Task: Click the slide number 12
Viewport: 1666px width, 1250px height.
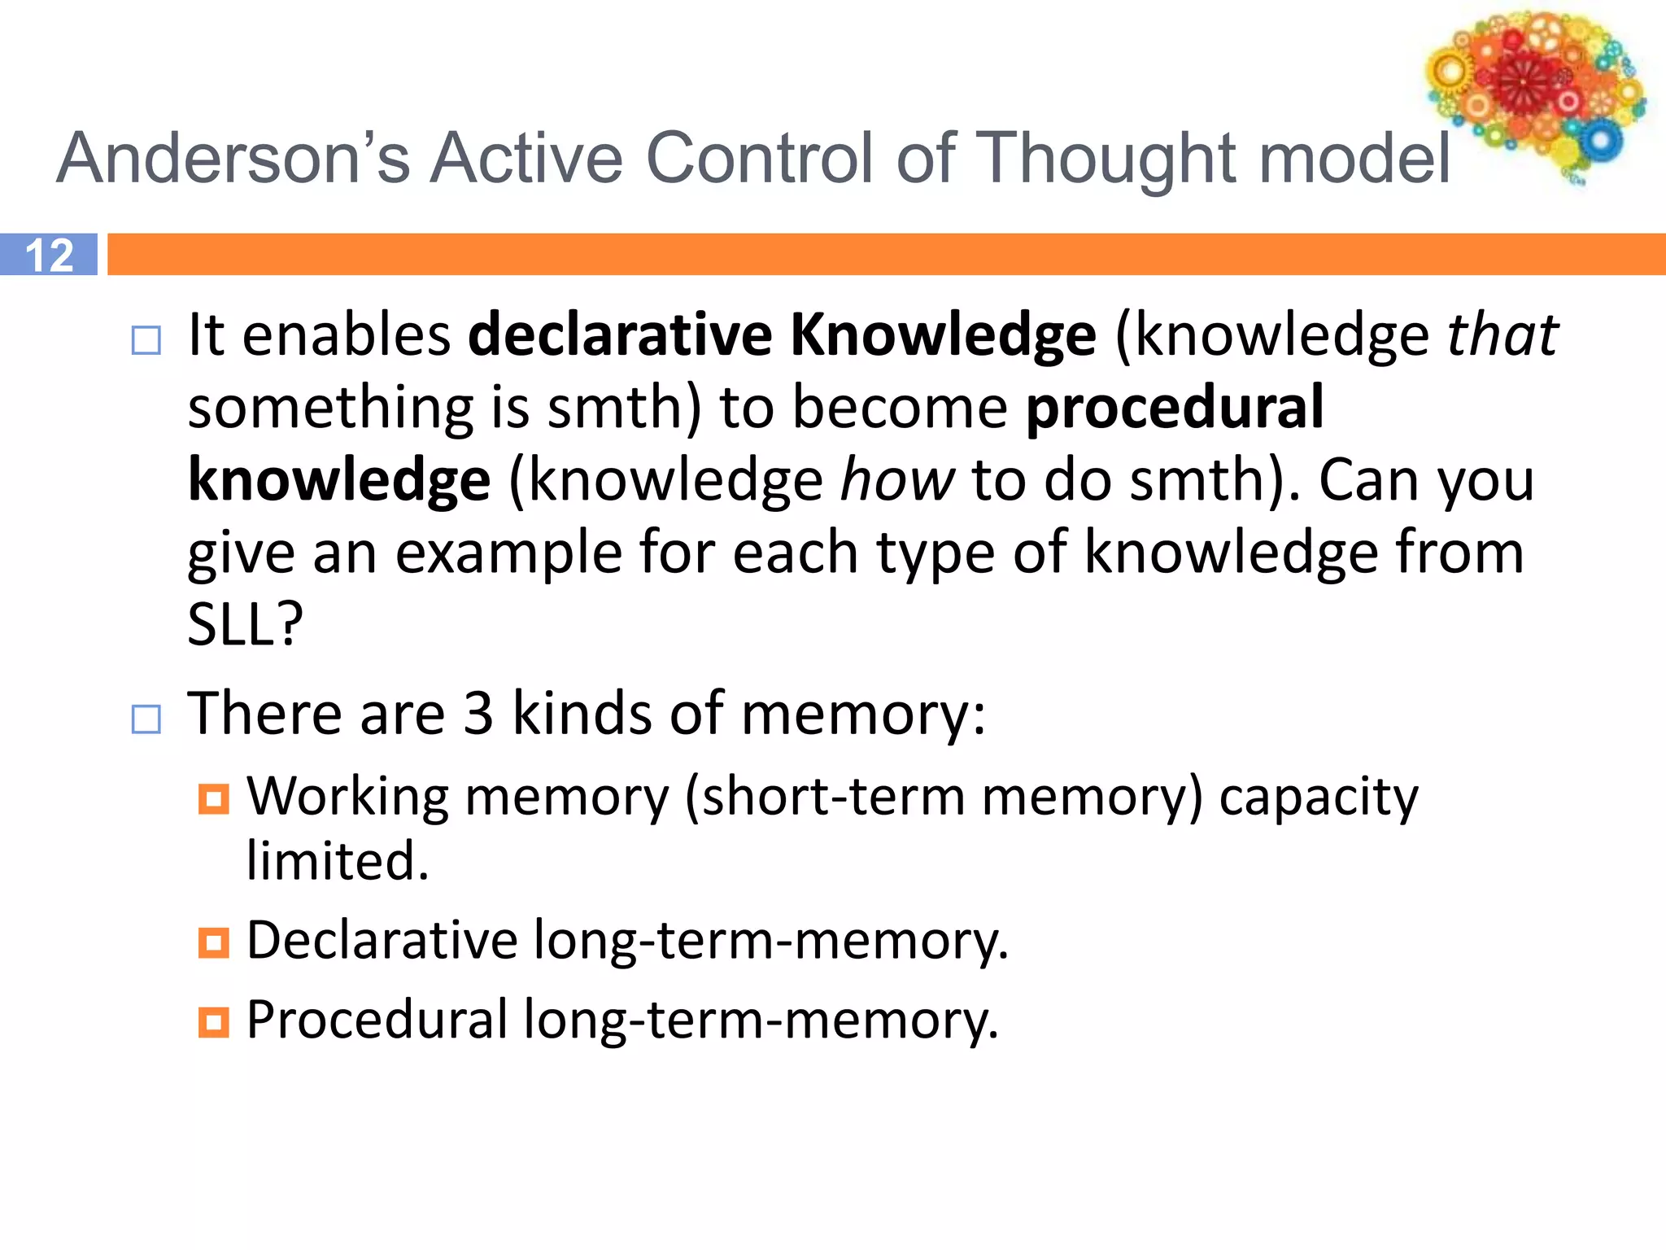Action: pos(49,255)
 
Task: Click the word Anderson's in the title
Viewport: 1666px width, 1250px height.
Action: pos(233,158)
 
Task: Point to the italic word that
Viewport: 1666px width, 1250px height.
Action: pos(1502,334)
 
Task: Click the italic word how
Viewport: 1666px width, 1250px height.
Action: pos(896,479)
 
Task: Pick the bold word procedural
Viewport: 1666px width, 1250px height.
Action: pos(1174,407)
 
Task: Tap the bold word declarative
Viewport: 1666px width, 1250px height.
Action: pos(620,334)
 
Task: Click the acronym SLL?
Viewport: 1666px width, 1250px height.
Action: pos(245,625)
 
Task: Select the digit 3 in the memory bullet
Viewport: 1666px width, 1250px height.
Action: pos(478,714)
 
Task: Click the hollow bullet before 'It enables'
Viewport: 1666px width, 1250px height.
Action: pos(146,340)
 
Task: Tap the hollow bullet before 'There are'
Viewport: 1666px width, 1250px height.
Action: pos(146,719)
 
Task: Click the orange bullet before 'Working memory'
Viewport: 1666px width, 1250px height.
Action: pos(214,799)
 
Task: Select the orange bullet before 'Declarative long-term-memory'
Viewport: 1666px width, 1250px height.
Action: pos(214,943)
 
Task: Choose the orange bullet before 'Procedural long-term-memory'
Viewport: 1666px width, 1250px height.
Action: pos(214,1022)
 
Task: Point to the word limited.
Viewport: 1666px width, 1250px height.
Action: pos(338,861)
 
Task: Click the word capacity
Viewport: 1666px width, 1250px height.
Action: pos(1318,798)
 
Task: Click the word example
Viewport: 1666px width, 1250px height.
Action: pos(508,553)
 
